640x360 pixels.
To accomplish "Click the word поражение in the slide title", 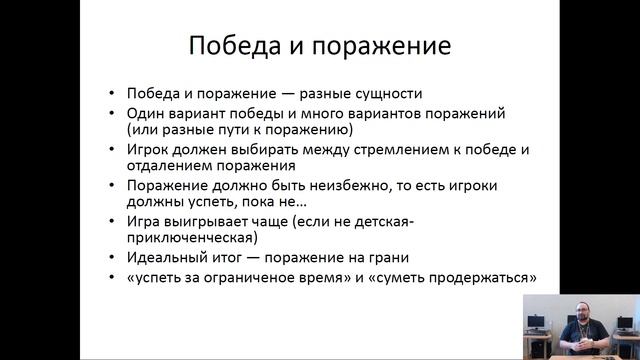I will click(379, 46).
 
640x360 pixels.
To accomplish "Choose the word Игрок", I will click(149, 149).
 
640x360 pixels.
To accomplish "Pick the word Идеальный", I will click(166, 257).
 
